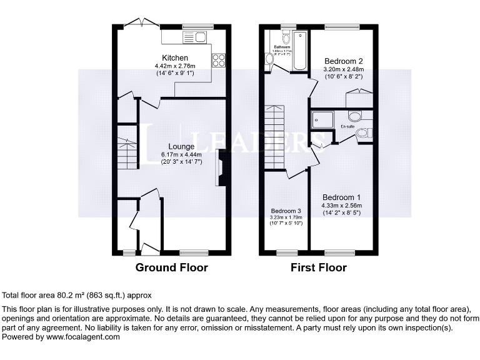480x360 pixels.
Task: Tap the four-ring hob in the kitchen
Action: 219,61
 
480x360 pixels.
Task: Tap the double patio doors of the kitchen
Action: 142,22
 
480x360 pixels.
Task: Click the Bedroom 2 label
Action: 343,61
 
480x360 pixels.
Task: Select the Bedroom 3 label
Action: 286,211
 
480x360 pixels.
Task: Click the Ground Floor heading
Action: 172,267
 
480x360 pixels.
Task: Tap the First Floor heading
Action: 318,267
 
